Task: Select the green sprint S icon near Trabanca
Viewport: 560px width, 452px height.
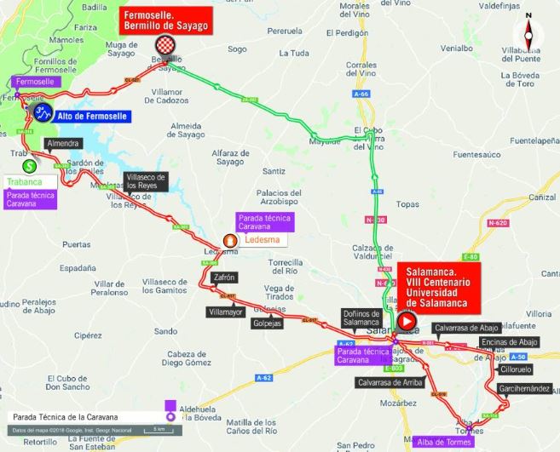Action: (x=30, y=166)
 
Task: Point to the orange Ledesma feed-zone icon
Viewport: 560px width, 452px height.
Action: (x=229, y=241)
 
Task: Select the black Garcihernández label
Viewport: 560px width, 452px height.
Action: (x=521, y=388)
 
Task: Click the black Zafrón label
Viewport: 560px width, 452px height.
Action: (x=223, y=277)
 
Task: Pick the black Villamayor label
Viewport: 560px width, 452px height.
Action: (x=225, y=312)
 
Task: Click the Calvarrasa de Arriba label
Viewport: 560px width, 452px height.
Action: (x=390, y=382)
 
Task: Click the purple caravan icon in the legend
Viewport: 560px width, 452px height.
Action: (x=170, y=411)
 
